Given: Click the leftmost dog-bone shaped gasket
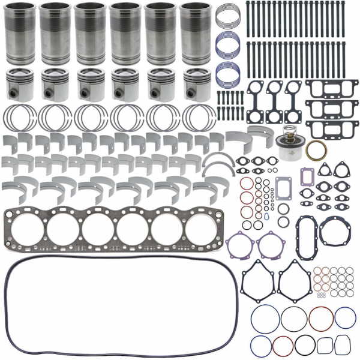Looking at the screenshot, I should pos(258,97).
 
